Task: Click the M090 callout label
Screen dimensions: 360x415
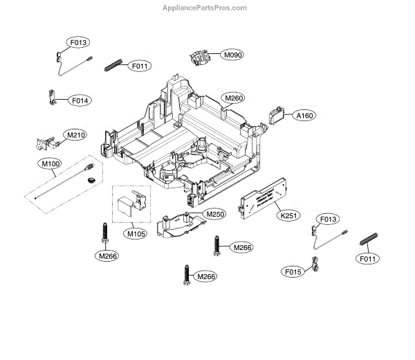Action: point(232,54)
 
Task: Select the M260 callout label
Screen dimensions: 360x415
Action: point(232,98)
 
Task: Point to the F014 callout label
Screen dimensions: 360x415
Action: point(80,100)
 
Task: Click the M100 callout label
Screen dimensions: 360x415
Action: point(50,164)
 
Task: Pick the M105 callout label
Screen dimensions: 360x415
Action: point(136,233)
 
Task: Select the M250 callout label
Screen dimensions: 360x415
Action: point(216,215)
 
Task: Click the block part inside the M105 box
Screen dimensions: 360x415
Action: point(130,204)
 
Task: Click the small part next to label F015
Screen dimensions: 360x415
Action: point(316,264)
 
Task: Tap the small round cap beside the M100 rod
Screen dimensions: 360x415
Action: point(91,181)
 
